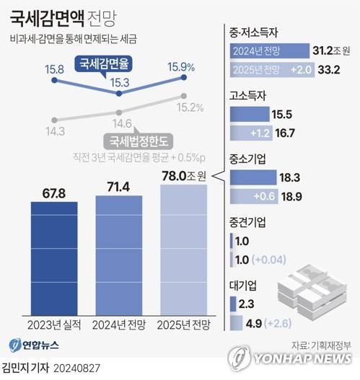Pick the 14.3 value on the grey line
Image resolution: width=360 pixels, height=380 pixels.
tap(55, 130)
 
